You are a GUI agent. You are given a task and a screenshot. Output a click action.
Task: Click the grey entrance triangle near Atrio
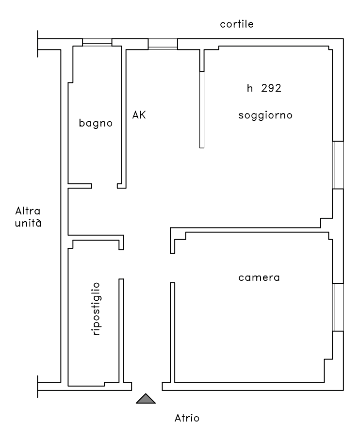pos(146,399)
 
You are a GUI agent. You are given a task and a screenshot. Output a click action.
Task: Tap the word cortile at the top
pos(237,24)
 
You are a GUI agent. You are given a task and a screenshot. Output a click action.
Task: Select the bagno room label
pos(96,123)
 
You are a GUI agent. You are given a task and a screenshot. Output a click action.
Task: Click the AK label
pos(139,115)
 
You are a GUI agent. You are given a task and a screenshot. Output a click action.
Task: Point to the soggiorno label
pos(265,115)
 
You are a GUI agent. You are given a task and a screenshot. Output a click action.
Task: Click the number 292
pos(271,88)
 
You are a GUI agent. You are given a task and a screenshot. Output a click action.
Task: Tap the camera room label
pos(259,278)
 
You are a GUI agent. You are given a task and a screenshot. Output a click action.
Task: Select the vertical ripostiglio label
pos(96,309)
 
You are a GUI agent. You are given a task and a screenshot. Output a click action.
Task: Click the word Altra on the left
pos(28,211)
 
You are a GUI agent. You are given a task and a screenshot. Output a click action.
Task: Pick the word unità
pos(28,223)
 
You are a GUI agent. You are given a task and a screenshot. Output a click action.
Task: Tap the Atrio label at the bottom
pos(187,418)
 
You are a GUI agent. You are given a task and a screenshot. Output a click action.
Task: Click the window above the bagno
pos(97,42)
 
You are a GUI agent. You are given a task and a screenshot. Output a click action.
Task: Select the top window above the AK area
pos(163,44)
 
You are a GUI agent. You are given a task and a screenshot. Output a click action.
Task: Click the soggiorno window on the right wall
pos(338,165)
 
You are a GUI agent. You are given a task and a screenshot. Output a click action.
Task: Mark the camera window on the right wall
pos(338,308)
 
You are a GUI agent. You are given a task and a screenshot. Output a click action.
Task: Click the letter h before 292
pos(249,88)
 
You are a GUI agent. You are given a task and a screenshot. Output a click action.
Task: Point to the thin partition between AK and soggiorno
pos(202,110)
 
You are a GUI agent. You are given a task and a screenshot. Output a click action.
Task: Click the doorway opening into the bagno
pos(104,186)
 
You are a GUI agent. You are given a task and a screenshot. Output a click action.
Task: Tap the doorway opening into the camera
pos(172,268)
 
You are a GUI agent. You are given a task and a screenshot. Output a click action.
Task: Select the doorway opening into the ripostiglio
pos(121,264)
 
